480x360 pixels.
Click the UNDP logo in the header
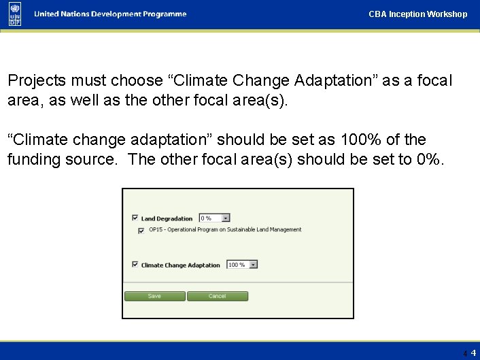[15, 14]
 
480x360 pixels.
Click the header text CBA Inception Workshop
[417, 14]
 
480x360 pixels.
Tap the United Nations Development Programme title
[110, 14]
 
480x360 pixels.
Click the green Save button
[154, 296]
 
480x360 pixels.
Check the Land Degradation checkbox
[135, 218]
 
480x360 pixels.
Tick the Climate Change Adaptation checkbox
[135, 265]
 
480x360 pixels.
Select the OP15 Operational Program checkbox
[141, 230]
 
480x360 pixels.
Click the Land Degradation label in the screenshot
[167, 218]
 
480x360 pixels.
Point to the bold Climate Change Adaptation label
[180, 265]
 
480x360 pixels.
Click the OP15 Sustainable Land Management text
[224, 230]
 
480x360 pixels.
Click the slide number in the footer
[473, 353]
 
